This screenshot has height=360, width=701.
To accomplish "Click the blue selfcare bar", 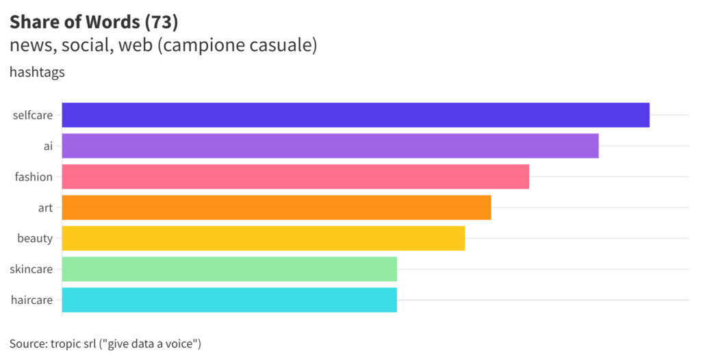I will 355,115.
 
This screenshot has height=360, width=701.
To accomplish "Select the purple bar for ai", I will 330,146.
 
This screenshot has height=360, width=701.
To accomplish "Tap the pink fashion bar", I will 295,177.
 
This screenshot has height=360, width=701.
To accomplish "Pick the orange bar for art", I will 277,207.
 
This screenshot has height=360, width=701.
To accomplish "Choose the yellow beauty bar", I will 264,238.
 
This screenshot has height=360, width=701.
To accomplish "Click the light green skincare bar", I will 229,269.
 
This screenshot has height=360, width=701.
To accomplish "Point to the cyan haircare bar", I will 229,300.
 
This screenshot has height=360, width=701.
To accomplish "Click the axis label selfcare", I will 32,115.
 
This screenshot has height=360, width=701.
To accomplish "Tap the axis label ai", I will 48,146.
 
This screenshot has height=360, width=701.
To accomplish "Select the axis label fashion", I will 34,177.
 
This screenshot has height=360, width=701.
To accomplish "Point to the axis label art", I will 45,207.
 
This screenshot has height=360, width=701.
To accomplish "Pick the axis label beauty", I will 35,238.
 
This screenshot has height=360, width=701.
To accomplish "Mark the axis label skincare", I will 31,269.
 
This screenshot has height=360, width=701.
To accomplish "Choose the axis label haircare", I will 32,300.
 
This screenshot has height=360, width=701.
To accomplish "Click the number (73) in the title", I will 162,23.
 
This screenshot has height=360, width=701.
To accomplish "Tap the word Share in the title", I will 33,23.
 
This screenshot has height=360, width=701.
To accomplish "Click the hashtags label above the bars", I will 37,72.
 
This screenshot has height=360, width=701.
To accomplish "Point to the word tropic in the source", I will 67,342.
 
